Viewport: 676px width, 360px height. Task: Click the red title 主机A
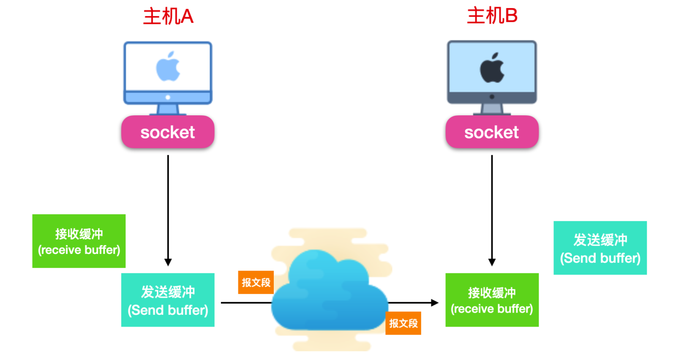[168, 16]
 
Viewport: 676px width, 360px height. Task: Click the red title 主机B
[492, 16]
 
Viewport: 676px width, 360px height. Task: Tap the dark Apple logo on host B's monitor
[492, 68]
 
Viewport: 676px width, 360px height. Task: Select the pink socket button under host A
[168, 132]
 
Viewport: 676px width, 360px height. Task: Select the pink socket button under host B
[492, 132]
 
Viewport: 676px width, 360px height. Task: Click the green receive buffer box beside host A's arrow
[79, 241]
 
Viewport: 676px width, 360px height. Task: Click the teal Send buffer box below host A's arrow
[168, 300]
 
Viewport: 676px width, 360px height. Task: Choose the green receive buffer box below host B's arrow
[492, 300]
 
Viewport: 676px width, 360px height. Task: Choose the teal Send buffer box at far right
[600, 248]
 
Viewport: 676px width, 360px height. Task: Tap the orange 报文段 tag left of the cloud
[256, 282]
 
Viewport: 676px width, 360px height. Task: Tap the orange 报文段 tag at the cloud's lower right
[403, 323]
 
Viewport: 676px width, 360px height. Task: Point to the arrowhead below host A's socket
[168, 262]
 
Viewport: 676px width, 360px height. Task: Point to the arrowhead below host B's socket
[492, 262]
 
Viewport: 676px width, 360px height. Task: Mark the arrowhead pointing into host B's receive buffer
[435, 303]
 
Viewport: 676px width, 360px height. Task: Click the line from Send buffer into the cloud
[245, 303]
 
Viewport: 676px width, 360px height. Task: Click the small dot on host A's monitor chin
[168, 97]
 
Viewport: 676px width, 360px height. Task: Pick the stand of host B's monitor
[492, 109]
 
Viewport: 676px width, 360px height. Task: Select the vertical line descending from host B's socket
[492, 203]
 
